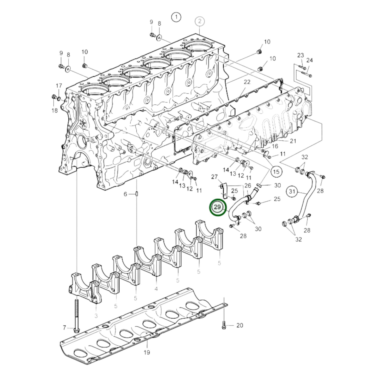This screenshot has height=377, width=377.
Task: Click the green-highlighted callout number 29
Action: [x=218, y=207]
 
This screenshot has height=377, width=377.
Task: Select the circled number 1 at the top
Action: [x=176, y=17]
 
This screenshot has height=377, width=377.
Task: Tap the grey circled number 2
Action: [x=199, y=21]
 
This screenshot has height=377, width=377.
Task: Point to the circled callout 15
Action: [x=276, y=172]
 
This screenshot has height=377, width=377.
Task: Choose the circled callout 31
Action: [x=292, y=191]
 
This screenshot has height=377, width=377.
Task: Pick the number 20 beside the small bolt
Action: [x=240, y=325]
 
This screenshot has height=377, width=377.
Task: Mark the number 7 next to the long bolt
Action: [x=64, y=327]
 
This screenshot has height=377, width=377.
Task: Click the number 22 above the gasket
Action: [x=247, y=82]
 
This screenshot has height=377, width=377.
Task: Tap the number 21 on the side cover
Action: [x=293, y=141]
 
